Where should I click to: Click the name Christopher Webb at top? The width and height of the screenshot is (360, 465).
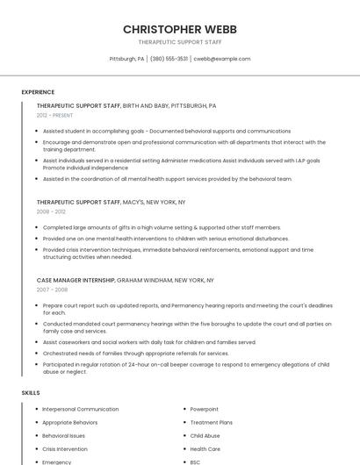179,29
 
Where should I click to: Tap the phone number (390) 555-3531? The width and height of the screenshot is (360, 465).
169,59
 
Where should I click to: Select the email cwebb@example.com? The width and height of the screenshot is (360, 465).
222,59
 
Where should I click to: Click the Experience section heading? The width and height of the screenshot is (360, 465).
38,92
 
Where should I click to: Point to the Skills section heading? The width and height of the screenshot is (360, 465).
31,392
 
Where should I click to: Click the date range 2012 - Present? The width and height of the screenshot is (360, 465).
54,115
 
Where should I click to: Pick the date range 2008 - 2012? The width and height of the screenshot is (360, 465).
51,211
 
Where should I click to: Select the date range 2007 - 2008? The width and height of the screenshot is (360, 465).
51,289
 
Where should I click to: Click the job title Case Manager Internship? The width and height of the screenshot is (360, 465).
76,280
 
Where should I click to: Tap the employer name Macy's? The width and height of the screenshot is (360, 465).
133,202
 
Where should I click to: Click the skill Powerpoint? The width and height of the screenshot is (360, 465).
204,409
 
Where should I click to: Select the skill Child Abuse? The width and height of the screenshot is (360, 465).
205,435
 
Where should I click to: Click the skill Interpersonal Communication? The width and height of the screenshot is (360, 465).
80,409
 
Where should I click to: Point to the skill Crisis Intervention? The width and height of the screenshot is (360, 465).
64,448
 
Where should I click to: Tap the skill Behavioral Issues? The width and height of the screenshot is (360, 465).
64,435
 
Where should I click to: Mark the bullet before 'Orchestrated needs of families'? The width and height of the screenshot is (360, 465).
36,353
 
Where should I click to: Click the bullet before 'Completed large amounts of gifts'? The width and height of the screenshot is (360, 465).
36,227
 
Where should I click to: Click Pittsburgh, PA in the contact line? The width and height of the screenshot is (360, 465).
126,59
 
